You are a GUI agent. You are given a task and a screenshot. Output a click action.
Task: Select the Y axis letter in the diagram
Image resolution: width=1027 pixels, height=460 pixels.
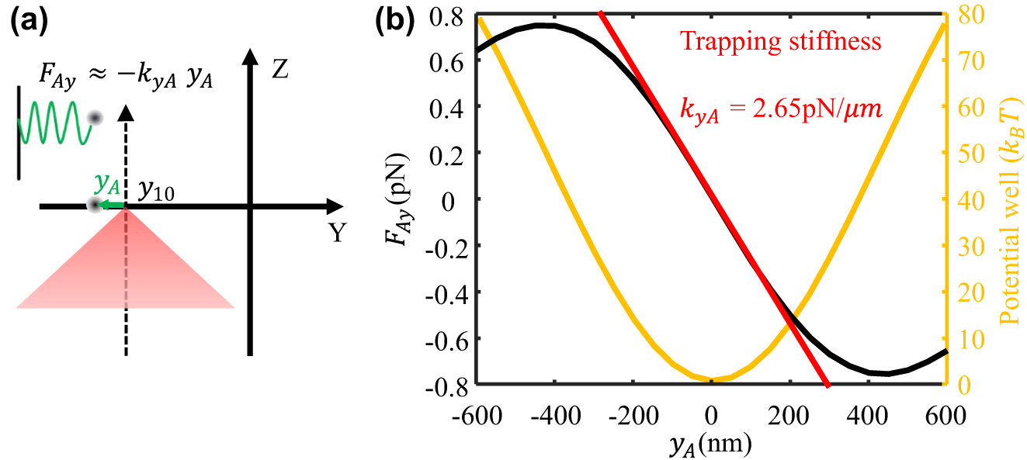pos(336,232)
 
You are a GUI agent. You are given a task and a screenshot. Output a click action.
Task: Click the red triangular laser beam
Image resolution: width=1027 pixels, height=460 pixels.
pos(125,268)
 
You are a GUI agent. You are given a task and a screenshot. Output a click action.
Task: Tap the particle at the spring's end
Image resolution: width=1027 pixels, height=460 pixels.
pos(95,118)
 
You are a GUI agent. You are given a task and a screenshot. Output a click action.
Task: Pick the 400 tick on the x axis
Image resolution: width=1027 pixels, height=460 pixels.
pos(867,415)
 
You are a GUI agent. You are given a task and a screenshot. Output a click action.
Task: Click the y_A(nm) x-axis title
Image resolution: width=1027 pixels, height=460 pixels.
pos(711,445)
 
